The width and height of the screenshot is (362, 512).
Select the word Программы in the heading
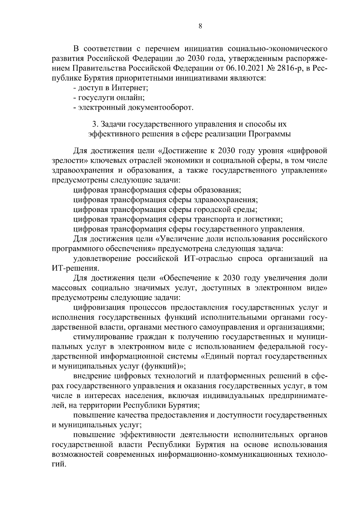coord(269,134)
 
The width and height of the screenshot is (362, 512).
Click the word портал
coord(249,356)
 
